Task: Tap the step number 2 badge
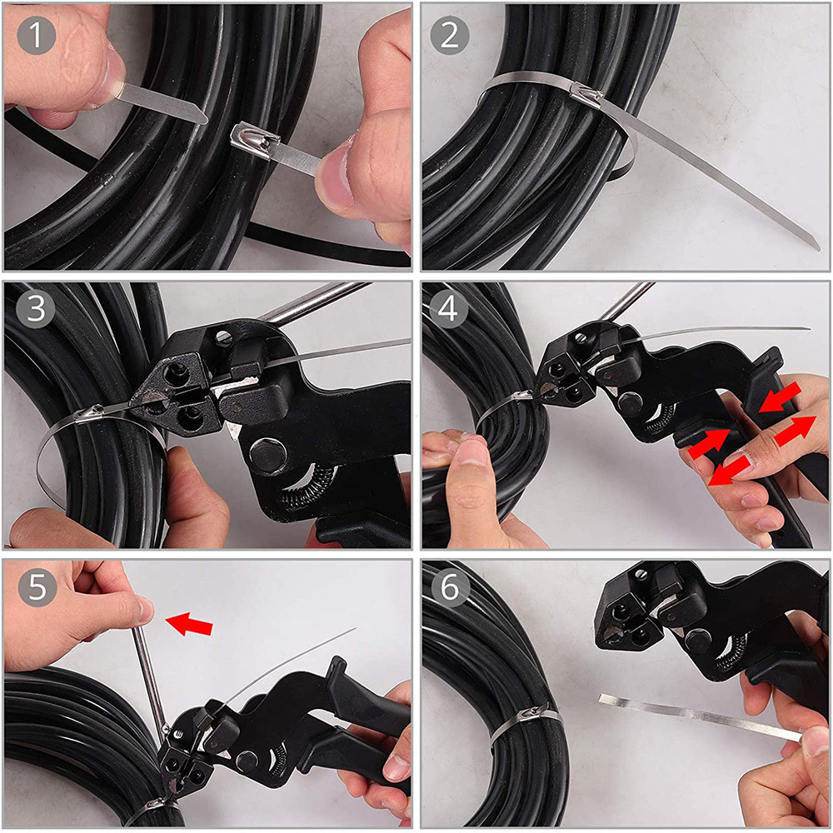click(x=451, y=36)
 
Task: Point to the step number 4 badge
click(x=451, y=309)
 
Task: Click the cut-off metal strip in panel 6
click(x=700, y=716)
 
